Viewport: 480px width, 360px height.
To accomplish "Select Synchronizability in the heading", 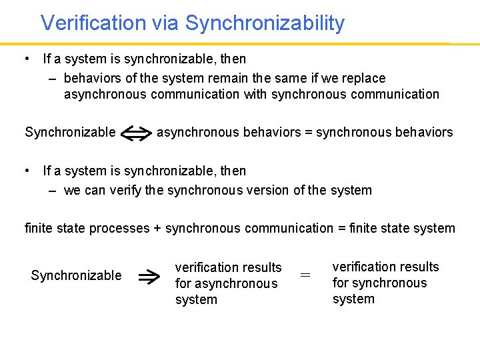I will tap(265, 23).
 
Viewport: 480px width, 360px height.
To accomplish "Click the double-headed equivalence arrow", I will tap(136, 133).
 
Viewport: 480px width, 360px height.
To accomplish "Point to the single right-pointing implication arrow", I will tap(147, 276).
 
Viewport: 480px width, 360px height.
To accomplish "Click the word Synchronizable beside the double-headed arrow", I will tap(70, 132).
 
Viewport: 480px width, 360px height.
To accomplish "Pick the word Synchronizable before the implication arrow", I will tap(76, 275).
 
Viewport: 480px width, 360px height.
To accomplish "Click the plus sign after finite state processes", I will tap(157, 229).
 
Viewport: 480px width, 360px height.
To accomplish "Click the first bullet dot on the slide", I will tap(25, 59).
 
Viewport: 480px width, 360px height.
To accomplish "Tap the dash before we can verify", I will tap(53, 190).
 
